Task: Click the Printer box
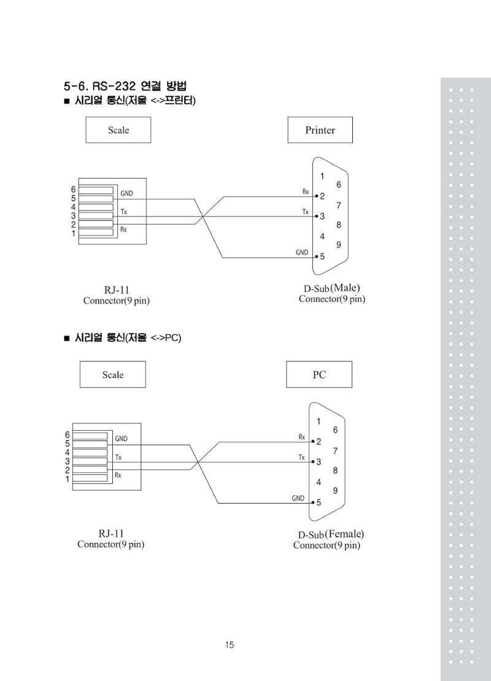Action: click(x=320, y=130)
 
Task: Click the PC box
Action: click(x=319, y=374)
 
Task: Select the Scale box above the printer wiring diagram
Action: click(x=118, y=130)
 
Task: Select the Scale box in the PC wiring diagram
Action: click(x=112, y=374)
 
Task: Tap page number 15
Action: click(x=230, y=645)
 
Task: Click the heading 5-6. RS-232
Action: click(x=99, y=85)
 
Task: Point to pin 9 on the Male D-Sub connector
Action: click(x=339, y=245)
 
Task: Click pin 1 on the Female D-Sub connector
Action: click(x=319, y=421)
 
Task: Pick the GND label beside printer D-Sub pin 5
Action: click(x=302, y=252)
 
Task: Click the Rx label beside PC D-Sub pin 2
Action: click(x=301, y=437)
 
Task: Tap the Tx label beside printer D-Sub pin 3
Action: click(x=306, y=212)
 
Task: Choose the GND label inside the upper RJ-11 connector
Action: click(x=126, y=194)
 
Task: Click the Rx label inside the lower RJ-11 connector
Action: click(x=118, y=475)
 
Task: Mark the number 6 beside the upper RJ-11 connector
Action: click(x=73, y=190)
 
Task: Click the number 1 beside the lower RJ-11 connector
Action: click(x=68, y=479)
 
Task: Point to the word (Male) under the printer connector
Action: click(x=345, y=288)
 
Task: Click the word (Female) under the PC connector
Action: click(x=344, y=534)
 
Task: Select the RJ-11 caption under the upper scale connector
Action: click(x=117, y=290)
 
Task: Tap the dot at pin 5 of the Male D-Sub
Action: click(x=316, y=256)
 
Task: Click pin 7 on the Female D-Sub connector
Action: click(x=335, y=451)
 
